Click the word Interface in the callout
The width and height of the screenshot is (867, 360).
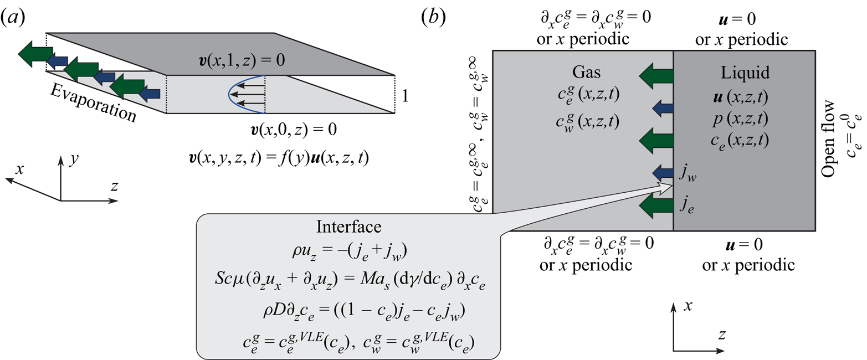(x=349, y=227)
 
